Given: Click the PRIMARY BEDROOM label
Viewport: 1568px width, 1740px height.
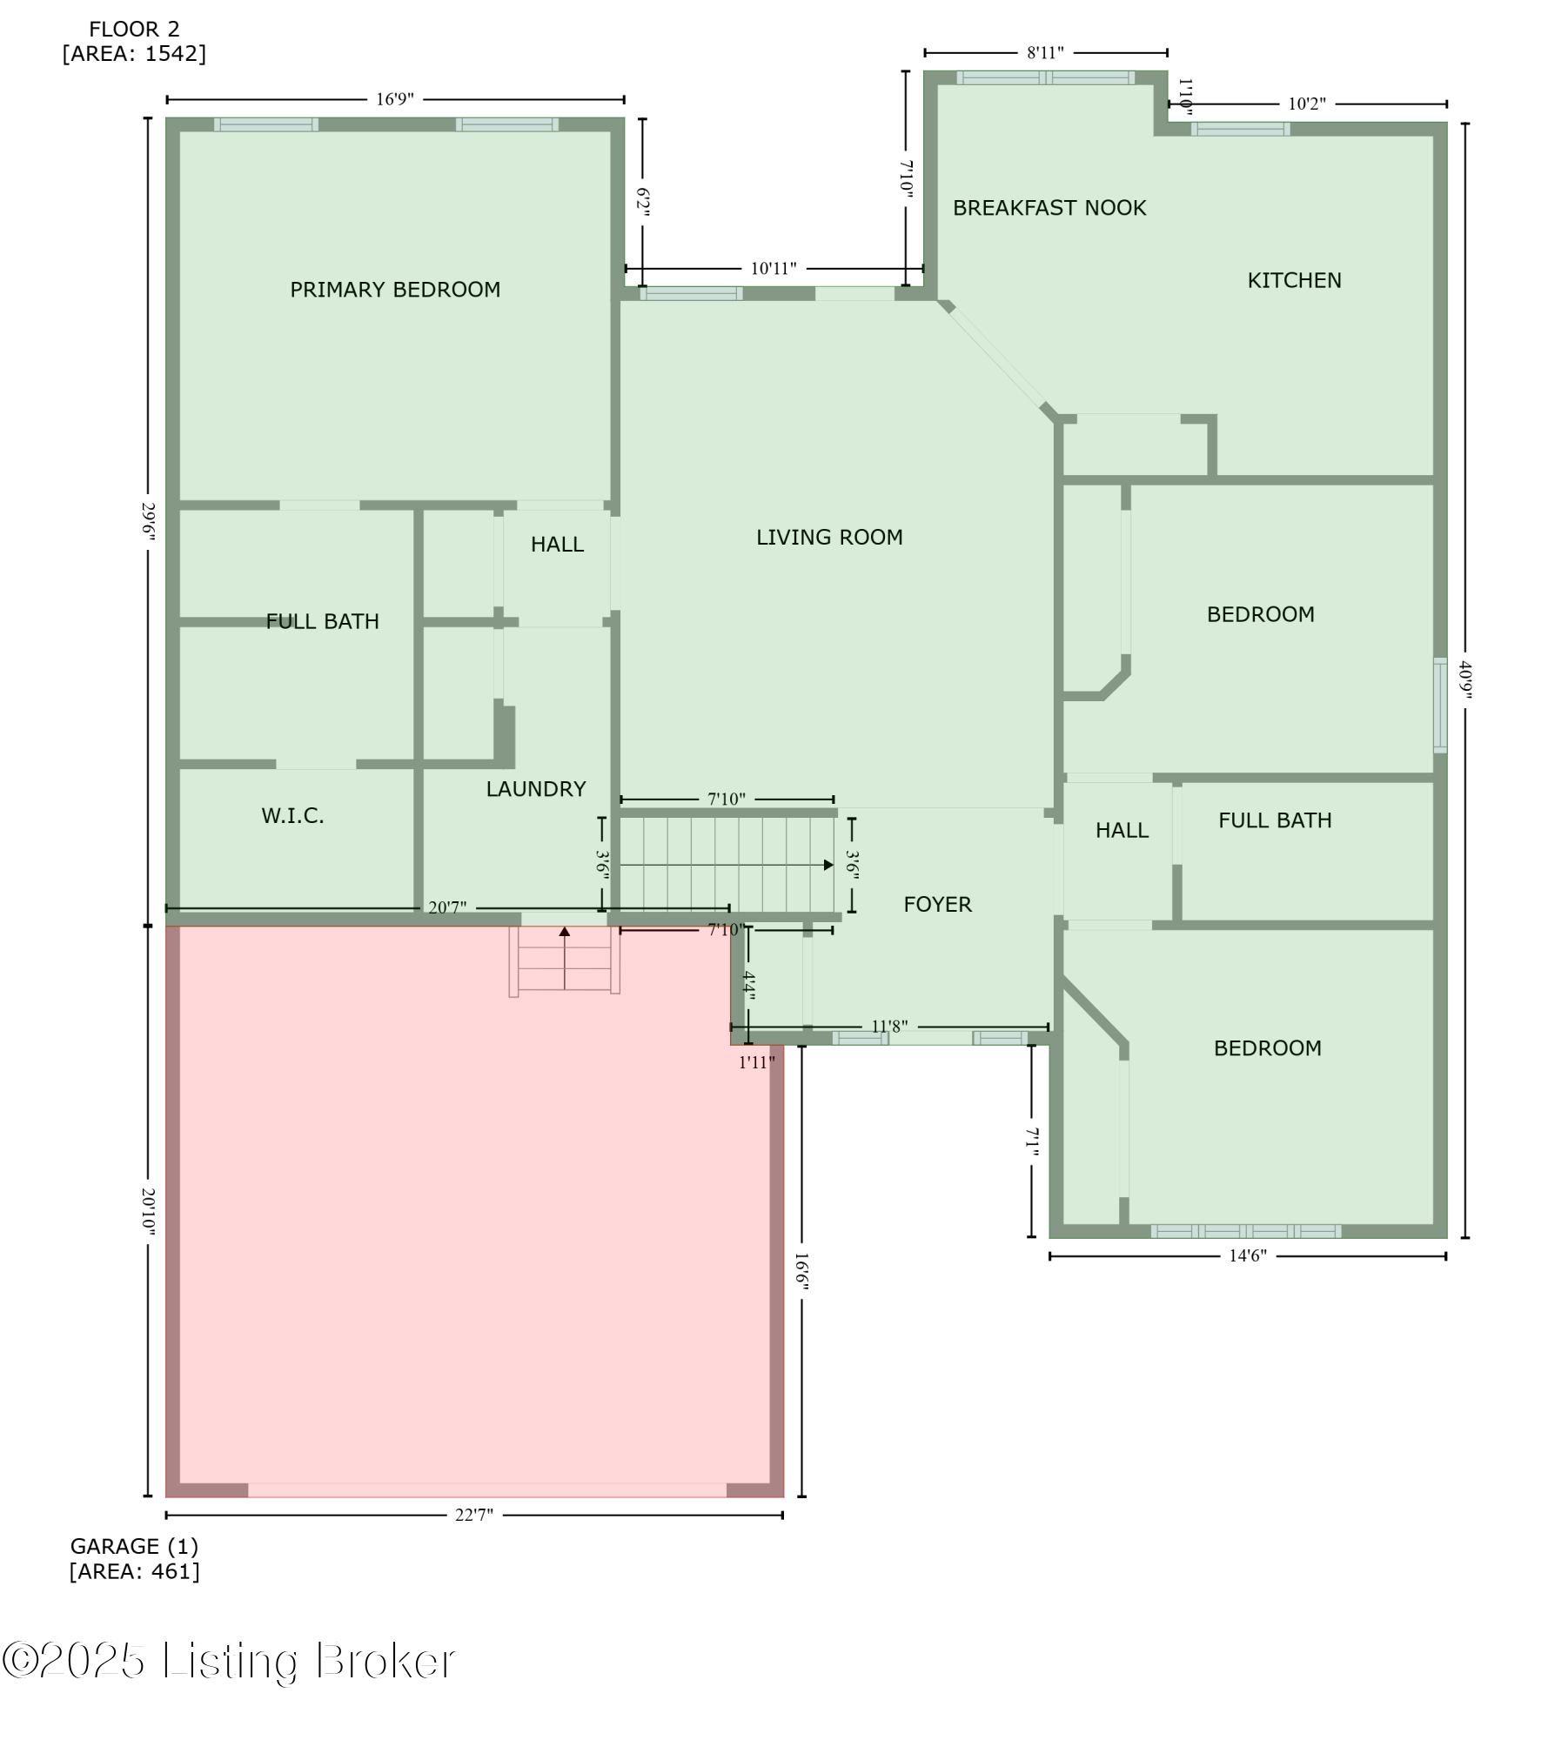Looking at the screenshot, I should click(x=395, y=290).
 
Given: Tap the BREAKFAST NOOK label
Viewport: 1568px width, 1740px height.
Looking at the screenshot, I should click(x=1049, y=208).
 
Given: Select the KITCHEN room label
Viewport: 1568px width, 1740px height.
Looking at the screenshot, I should click(x=1294, y=280).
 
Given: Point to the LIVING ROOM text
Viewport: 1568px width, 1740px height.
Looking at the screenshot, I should click(x=828, y=537).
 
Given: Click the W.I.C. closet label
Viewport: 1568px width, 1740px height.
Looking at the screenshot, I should click(x=292, y=815).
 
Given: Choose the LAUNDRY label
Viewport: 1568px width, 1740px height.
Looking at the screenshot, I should click(x=535, y=789).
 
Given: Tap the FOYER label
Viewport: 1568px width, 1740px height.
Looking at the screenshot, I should click(x=937, y=904).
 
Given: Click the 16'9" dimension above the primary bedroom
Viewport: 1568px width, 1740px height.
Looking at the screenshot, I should click(x=394, y=99).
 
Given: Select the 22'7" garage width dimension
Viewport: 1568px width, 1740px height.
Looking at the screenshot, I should click(x=473, y=1515).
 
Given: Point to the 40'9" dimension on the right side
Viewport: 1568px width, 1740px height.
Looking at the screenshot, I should click(x=1465, y=679).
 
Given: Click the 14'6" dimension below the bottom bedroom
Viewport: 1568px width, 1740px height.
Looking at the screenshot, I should click(x=1247, y=1255).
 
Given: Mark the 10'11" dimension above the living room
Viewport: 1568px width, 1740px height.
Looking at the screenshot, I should click(x=773, y=269).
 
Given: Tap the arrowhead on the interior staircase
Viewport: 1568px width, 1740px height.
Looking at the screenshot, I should click(x=828, y=865).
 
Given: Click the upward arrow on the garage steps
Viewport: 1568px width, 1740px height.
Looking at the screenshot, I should click(x=565, y=932).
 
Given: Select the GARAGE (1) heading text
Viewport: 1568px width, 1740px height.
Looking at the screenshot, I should click(x=134, y=1546).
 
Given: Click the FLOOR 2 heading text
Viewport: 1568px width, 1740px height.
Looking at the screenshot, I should click(x=134, y=30).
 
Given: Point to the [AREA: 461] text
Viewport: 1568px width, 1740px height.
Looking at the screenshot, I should click(x=134, y=1571).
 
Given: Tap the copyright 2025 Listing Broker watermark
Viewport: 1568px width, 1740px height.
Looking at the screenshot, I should click(x=228, y=1661).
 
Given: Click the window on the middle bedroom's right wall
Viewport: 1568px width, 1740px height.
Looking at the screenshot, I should click(x=1440, y=705).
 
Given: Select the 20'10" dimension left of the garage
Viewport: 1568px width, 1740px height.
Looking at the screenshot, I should click(x=148, y=1211).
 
